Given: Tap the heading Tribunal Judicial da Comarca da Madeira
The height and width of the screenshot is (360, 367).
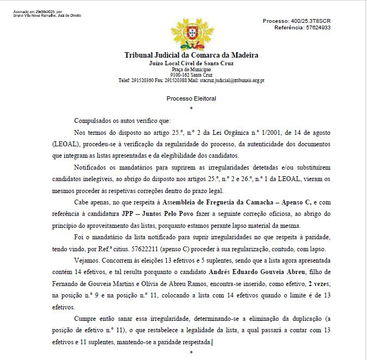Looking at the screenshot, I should pyautogui.click(x=191, y=55).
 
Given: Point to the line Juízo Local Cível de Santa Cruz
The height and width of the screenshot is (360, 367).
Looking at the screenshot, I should pyautogui.click(x=191, y=64).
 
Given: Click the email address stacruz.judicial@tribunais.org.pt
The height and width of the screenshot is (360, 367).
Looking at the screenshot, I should pyautogui.click(x=231, y=80).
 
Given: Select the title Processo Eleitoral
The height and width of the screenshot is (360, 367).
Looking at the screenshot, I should pyautogui.click(x=191, y=98).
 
